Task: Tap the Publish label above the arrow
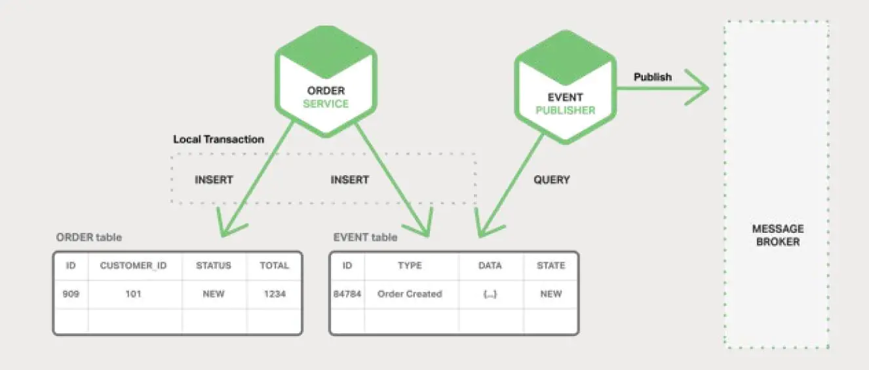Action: [x=652, y=77]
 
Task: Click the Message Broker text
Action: [x=778, y=235]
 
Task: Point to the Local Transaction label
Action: [x=218, y=139]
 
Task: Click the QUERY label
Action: [x=552, y=179]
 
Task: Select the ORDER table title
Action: [x=89, y=237]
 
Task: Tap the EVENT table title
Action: [x=365, y=237]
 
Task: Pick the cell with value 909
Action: [x=71, y=294]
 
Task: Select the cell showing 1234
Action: [x=274, y=294]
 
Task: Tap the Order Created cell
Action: [x=410, y=294]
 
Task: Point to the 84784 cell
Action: [x=347, y=294]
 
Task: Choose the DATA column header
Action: [x=490, y=266]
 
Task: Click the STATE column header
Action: [x=550, y=266]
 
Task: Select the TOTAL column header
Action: [x=274, y=266]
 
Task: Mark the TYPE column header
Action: [x=410, y=266]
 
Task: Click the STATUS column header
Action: [x=214, y=266]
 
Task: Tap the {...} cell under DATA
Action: [x=490, y=294]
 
